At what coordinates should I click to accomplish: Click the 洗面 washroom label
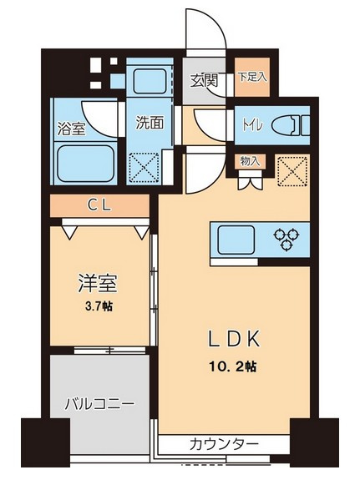pyautogui.click(x=150, y=122)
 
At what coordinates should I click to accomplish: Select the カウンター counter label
pyautogui.click(x=223, y=443)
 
